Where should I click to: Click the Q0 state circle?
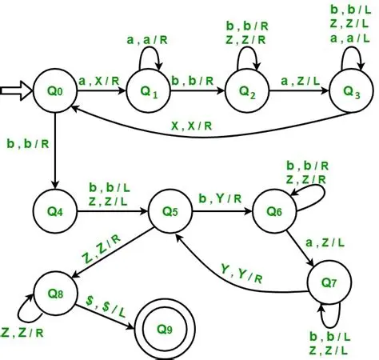tap(53, 92)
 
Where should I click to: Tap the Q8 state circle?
tap(53, 282)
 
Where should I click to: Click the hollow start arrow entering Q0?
tap(16, 92)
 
